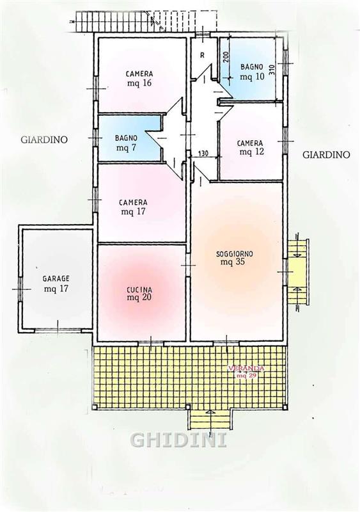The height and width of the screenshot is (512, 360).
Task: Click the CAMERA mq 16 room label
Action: (139, 78)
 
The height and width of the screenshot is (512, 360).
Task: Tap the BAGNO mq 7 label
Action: (126, 143)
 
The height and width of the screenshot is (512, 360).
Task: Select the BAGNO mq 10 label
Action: (251, 72)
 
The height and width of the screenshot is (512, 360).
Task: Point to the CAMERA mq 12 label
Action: (250, 148)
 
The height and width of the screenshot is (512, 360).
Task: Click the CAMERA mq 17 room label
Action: (133, 207)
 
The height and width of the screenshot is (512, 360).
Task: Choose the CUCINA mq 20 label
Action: (139, 293)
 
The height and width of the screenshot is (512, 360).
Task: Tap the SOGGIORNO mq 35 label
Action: (234, 258)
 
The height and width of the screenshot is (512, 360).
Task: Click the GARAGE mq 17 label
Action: (56, 284)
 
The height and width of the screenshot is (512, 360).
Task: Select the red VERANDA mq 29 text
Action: (246, 372)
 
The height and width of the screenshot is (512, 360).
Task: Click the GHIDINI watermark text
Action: (179, 440)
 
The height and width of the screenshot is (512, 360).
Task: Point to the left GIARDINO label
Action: (44, 140)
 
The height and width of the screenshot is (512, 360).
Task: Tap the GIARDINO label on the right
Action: (326, 154)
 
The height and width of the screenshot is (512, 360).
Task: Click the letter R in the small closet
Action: (202, 56)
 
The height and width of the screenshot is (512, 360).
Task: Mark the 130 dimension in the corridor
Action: (203, 153)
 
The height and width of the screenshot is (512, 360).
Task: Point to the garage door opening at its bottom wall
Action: (58, 330)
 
